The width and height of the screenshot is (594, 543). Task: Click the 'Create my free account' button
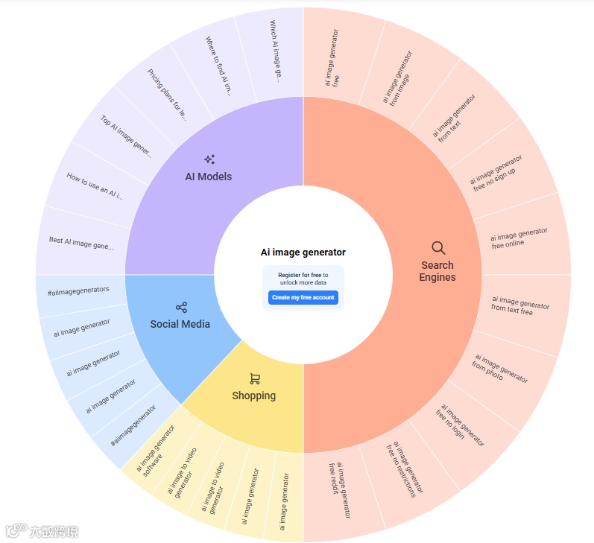coord(303,297)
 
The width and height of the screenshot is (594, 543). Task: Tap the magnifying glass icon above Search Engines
coord(438,248)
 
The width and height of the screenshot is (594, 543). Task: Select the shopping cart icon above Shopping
coord(255,379)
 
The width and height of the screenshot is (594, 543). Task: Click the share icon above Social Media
coord(181,307)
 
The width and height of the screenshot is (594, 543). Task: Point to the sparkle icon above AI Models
coord(209,159)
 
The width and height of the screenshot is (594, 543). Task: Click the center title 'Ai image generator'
coord(303,253)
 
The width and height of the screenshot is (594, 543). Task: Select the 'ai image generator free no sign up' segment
coord(497,173)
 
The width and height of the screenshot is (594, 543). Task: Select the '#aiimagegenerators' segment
coord(78,290)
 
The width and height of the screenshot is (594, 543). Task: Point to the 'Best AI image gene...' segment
coord(81,243)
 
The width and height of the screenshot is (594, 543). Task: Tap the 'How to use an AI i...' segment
coord(95,187)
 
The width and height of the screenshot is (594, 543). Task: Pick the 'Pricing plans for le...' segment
coord(165,95)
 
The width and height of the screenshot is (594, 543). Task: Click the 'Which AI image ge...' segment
coord(273,51)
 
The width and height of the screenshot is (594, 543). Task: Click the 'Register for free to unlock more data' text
coord(303,279)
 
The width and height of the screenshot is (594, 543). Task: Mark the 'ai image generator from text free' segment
coord(521,305)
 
